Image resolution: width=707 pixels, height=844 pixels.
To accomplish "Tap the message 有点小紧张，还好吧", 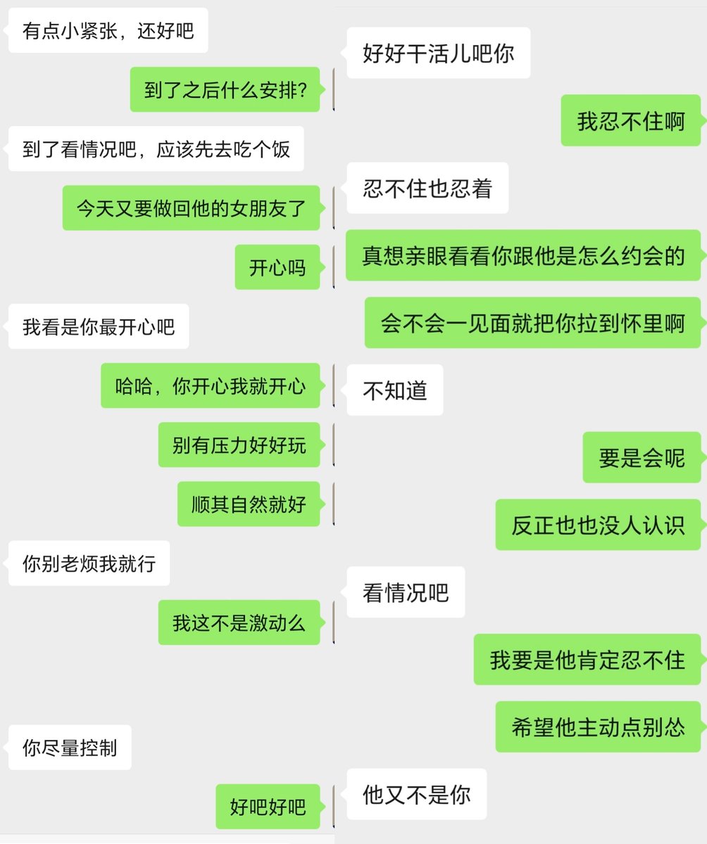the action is [108, 30].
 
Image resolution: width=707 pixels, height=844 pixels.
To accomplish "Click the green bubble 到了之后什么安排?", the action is [225, 89].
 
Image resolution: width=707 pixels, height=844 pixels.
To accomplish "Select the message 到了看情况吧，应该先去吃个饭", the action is [156, 148].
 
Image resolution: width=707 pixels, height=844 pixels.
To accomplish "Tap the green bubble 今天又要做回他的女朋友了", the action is [191, 207].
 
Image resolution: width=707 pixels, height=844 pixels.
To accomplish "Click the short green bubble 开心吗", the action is [277, 267].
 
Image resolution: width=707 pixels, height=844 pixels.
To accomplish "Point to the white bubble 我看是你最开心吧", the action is [99, 326].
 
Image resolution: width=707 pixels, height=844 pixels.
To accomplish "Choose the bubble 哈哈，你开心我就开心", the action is [211, 385].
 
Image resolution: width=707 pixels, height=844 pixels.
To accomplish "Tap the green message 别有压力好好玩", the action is [239, 445].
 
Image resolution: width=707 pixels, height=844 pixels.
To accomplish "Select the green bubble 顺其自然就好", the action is [249, 504].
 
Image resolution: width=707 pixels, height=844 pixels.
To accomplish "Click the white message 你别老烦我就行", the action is [89, 563].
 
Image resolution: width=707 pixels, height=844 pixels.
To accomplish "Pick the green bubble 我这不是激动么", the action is [239, 622].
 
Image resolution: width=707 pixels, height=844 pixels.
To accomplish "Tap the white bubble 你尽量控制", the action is [70, 748].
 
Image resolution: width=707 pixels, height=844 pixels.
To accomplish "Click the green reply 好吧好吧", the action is [268, 807].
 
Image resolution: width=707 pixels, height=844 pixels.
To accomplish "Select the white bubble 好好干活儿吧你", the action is [439, 53].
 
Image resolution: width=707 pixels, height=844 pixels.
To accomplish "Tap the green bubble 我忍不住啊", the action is [630, 120].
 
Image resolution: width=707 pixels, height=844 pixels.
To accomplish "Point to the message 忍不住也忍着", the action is [427, 188].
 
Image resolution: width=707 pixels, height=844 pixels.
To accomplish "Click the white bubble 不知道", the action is [395, 390].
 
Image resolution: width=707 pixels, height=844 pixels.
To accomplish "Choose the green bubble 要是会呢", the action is [642, 457].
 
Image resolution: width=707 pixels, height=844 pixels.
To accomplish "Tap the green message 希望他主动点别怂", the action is [598, 727].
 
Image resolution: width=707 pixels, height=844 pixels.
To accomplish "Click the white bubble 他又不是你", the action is [417, 794].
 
